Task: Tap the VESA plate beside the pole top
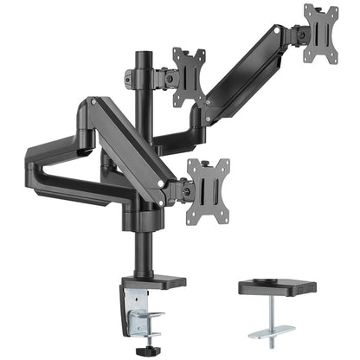pos(189,75)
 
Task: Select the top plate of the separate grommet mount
pos(286,286)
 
